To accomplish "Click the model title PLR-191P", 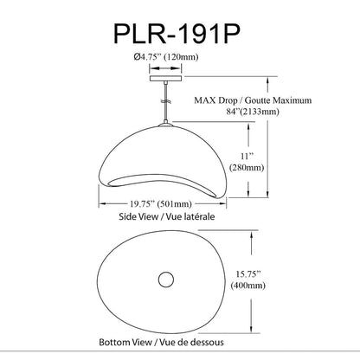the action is click(177, 34).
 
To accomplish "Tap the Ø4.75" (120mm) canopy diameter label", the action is click(166, 57).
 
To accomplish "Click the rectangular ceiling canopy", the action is click(166, 79).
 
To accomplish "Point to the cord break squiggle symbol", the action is click(165, 101).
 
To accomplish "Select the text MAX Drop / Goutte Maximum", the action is click(253, 100).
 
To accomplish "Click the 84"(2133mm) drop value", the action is click(253, 112).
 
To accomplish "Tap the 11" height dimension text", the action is click(247, 157).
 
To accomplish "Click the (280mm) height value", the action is click(247, 167).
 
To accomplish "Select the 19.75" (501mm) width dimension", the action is click(161, 204).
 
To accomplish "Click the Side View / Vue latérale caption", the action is click(167, 216).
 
